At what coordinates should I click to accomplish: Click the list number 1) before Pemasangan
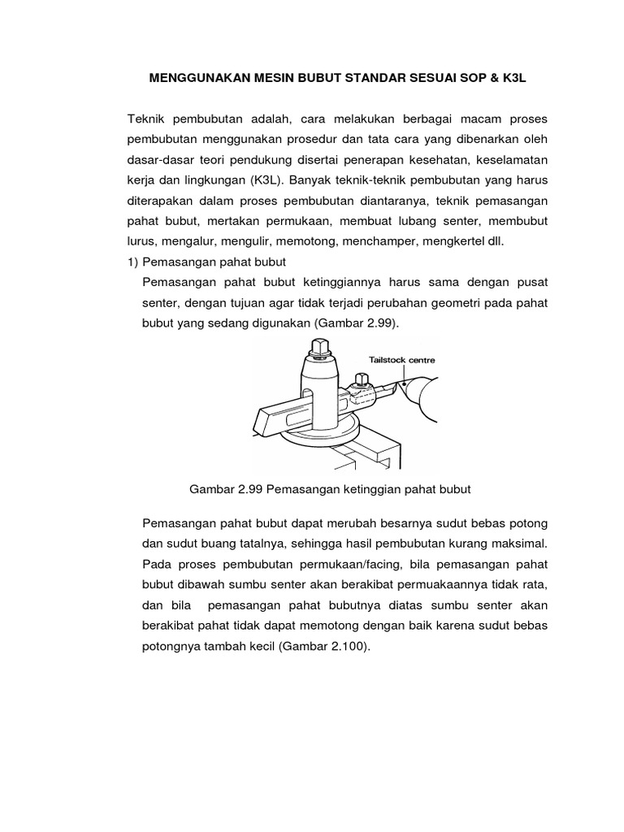point(133,262)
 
